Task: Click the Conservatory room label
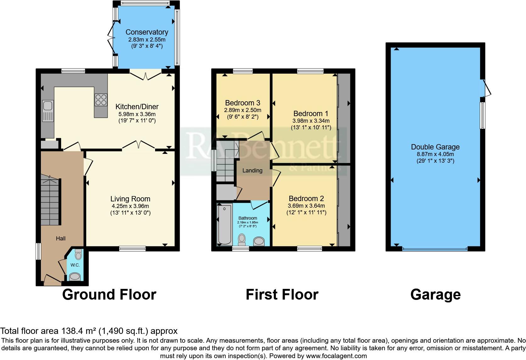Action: (147, 32)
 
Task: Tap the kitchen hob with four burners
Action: (101, 100)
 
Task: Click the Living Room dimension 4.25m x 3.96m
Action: (130, 206)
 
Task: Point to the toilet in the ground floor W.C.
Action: (78, 255)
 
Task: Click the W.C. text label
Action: (75, 265)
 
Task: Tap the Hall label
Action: (61, 239)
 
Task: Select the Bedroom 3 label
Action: (243, 103)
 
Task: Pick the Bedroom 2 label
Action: (306, 199)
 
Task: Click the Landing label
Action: (252, 171)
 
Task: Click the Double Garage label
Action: (435, 147)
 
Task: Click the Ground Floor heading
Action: (109, 295)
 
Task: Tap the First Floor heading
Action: (282, 295)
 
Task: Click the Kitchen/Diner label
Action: (137, 107)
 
